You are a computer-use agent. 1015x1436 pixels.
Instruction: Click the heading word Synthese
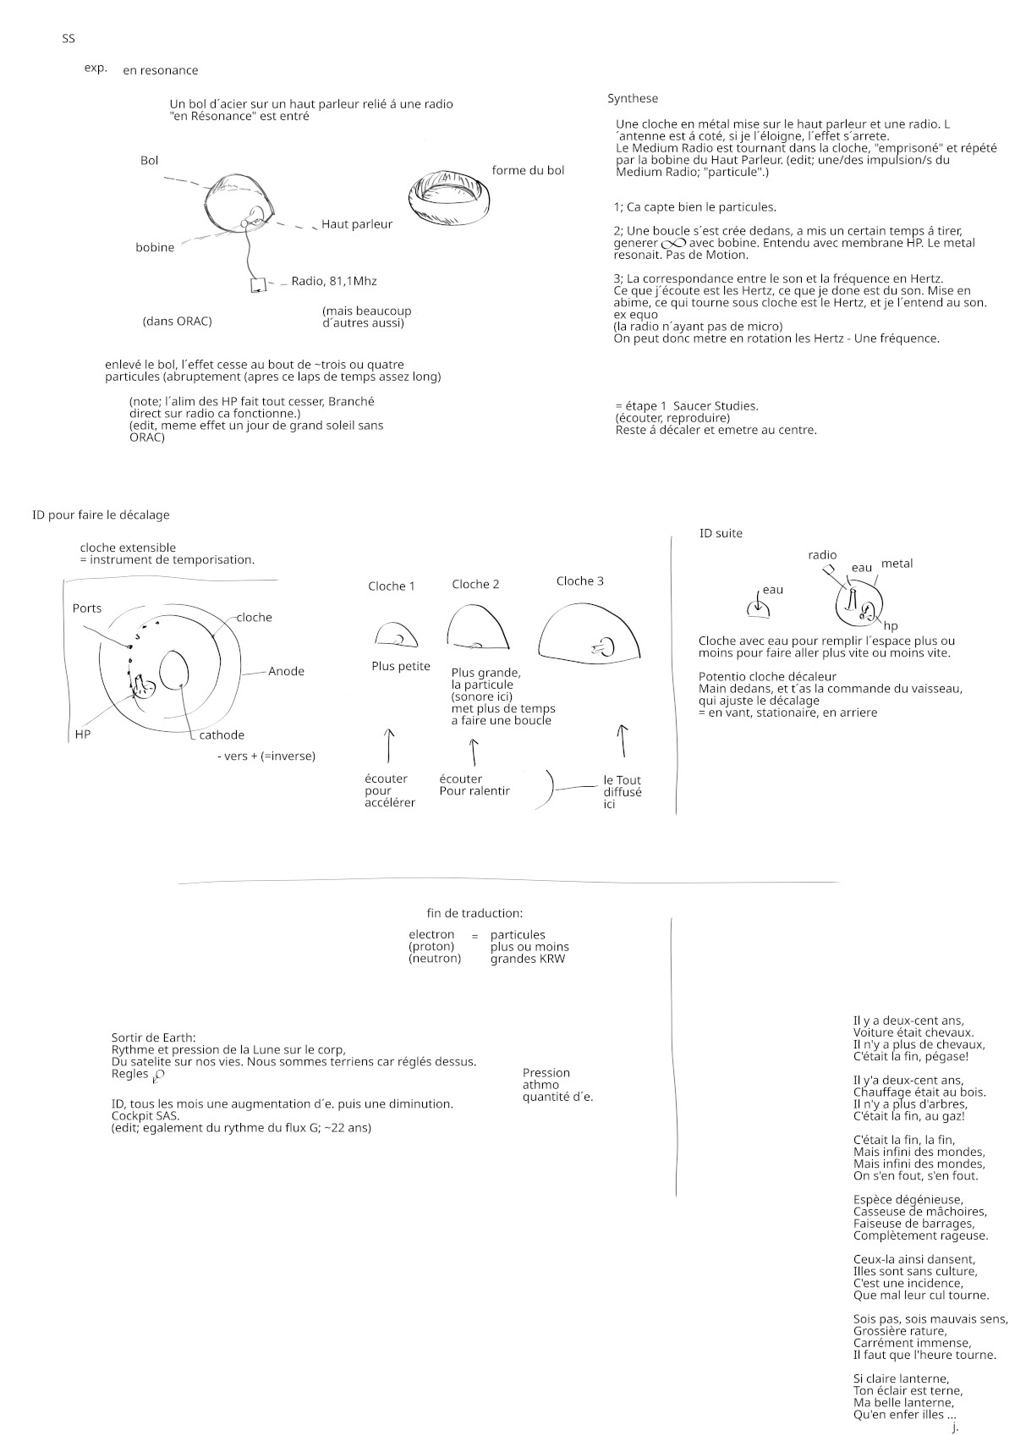[632, 99]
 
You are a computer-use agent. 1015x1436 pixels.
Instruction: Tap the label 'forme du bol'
[528, 171]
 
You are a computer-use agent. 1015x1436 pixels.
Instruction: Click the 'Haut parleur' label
[356, 224]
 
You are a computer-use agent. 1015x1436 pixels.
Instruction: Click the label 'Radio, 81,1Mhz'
[333, 281]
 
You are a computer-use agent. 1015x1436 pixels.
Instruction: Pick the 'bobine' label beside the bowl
[155, 248]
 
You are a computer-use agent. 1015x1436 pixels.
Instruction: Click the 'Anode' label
[286, 671]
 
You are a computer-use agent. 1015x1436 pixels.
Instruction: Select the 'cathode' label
[222, 735]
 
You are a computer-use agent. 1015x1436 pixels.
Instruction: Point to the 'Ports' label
[87, 608]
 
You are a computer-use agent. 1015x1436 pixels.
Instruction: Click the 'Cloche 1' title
[392, 586]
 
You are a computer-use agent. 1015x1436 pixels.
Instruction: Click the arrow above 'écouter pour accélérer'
[388, 744]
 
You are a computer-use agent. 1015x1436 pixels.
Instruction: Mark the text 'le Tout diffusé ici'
[622, 792]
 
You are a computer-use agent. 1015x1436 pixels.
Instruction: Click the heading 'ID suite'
[721, 534]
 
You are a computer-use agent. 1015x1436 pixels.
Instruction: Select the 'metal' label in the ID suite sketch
[897, 564]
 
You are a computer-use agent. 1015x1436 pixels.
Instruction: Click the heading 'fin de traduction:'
[475, 914]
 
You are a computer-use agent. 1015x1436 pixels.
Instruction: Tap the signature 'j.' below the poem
[955, 1428]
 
